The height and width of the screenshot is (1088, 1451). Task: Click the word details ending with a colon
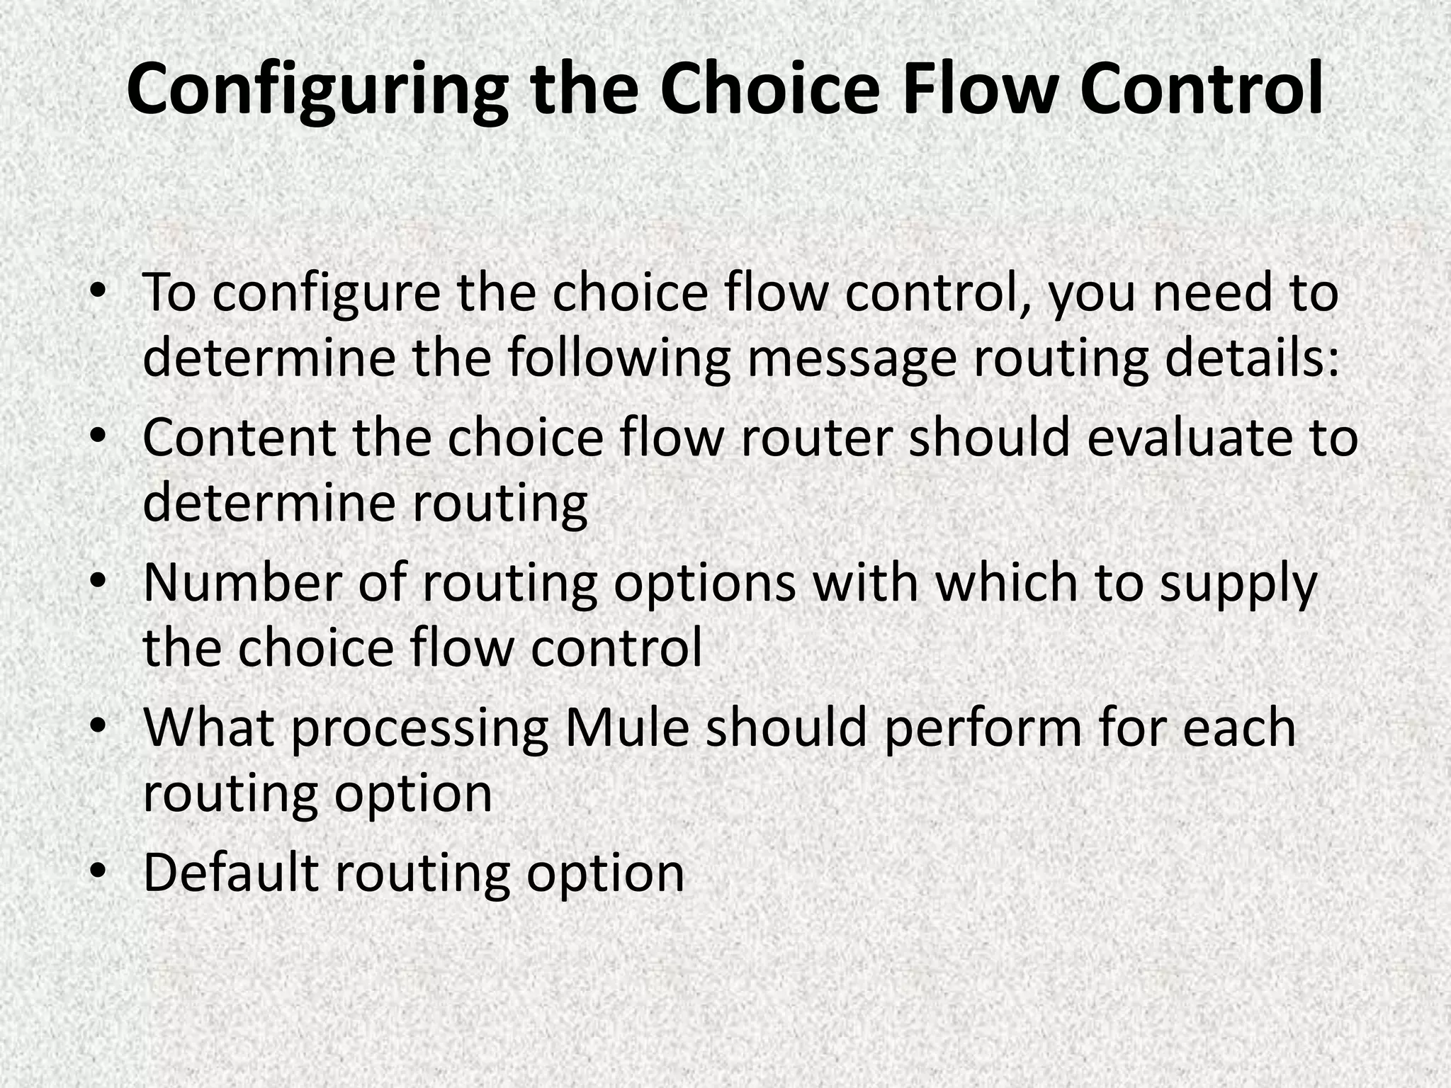(x=1253, y=357)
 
